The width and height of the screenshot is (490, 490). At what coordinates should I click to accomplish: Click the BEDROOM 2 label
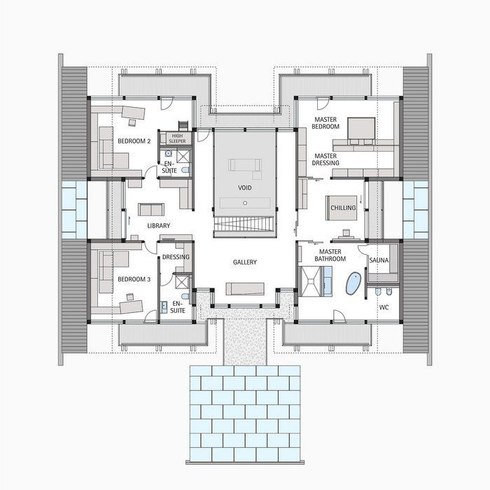pyautogui.click(x=134, y=141)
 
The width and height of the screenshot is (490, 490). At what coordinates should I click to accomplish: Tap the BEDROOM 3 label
pyautogui.click(x=134, y=279)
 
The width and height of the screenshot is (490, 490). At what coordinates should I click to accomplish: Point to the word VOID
pyautogui.click(x=245, y=188)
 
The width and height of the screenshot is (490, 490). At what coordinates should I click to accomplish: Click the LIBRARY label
pyautogui.click(x=159, y=226)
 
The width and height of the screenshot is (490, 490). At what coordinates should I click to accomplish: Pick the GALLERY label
pyautogui.click(x=245, y=262)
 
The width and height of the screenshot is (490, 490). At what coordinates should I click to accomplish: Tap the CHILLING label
pyautogui.click(x=344, y=208)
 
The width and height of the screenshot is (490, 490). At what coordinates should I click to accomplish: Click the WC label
pyautogui.click(x=384, y=307)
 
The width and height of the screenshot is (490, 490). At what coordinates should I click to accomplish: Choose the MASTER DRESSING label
pyautogui.click(x=326, y=160)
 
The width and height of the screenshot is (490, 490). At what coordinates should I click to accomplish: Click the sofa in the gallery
pyautogui.click(x=245, y=289)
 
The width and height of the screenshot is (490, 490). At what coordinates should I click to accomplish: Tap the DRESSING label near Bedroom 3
pyautogui.click(x=176, y=258)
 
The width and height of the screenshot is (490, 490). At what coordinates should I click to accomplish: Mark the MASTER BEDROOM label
pyautogui.click(x=325, y=122)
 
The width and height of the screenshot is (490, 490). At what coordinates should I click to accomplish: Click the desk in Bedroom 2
pyautogui.click(x=133, y=110)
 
